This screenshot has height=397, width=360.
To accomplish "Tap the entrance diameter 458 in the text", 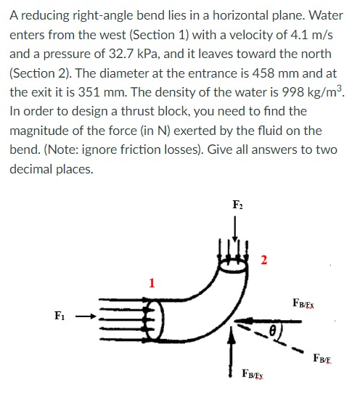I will click(232, 73).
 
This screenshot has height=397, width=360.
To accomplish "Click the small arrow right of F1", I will click(84, 316).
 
